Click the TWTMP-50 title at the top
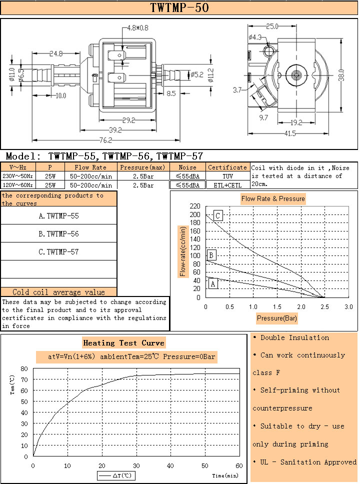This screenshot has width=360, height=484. coord(179,8)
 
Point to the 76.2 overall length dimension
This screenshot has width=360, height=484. coord(104,140)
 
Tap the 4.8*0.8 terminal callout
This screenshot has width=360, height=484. coord(138,28)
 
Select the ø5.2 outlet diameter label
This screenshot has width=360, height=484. coord(196,74)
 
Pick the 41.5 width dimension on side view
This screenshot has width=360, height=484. coord(289,133)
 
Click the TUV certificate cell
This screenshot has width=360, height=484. coord(227,176)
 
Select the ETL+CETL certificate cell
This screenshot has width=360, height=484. coord(227,185)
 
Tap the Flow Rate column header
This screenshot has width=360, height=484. coord(90,167)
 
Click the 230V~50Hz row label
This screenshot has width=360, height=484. coord(17,176)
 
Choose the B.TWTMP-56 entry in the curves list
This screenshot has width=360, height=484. coord(58,234)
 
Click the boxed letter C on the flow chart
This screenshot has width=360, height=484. coord(218,215)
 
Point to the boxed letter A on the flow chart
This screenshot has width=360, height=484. coord(213,284)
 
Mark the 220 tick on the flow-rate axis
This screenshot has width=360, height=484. coord(195,206)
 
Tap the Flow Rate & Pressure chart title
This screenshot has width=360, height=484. coord(272,198)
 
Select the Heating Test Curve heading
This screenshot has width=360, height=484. coord(123,343)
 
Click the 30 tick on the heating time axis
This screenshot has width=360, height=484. coord(136,465)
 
